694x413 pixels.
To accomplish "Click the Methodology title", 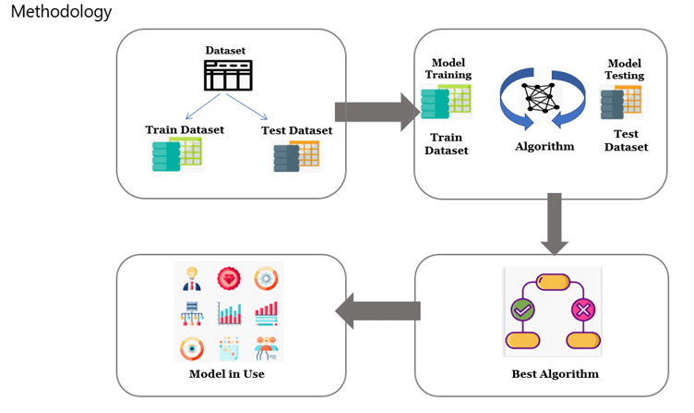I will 61,12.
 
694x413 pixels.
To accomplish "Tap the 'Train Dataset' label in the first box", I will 185,129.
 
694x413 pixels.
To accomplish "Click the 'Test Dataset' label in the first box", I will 296,130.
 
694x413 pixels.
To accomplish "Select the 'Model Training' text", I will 448,68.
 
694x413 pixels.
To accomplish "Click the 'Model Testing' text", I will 624,68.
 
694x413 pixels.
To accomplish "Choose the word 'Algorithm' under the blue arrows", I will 544,146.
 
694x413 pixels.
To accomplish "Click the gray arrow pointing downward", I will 555,223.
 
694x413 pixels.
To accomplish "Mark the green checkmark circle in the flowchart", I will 523,311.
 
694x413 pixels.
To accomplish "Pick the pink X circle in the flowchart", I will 583,311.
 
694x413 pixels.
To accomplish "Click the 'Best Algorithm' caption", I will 555,374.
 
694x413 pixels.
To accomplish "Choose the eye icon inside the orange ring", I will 193,348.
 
